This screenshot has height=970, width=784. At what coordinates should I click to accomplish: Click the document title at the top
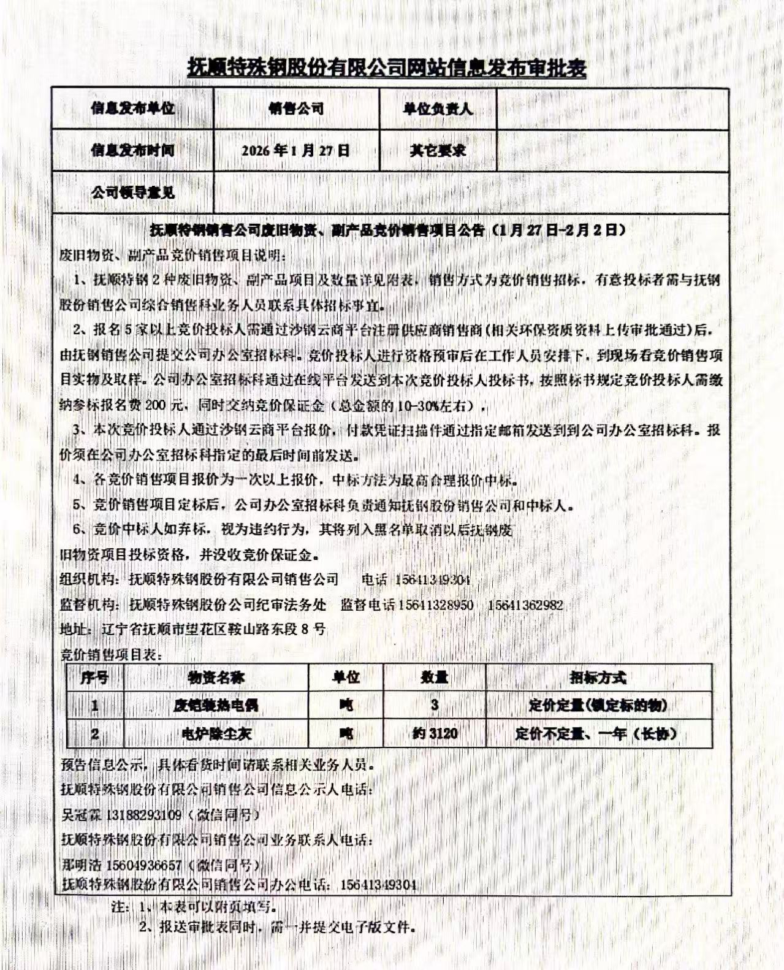tap(386, 67)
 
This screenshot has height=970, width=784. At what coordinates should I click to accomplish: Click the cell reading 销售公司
tap(296, 109)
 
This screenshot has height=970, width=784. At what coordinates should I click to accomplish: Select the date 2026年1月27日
tap(295, 150)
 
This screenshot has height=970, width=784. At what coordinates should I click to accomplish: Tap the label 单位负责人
tap(437, 109)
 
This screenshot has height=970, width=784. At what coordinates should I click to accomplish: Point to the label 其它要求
tap(437, 150)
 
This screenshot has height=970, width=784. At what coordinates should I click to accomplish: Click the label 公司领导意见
tap(133, 193)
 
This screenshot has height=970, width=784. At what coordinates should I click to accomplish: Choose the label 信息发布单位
tap(132, 109)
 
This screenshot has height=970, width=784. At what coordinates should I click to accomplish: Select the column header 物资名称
tap(216, 678)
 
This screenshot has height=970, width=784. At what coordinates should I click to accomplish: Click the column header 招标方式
tap(598, 678)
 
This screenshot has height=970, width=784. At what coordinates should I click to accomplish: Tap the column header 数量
tap(434, 678)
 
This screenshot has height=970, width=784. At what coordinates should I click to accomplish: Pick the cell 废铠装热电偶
tap(216, 705)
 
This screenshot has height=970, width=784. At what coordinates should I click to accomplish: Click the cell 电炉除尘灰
tap(216, 733)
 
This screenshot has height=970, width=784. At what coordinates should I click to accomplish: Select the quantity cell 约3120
tap(435, 733)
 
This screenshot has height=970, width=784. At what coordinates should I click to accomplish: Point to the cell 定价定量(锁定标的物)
tap(598, 705)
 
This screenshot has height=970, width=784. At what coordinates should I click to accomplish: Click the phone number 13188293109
tap(144, 815)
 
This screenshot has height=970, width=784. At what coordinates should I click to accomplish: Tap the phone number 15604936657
tap(144, 865)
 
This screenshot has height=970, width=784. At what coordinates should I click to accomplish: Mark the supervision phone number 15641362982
tap(525, 605)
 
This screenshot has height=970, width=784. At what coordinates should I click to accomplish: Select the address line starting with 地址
tap(192, 629)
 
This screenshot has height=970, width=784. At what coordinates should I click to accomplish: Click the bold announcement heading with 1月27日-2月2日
tap(387, 231)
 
